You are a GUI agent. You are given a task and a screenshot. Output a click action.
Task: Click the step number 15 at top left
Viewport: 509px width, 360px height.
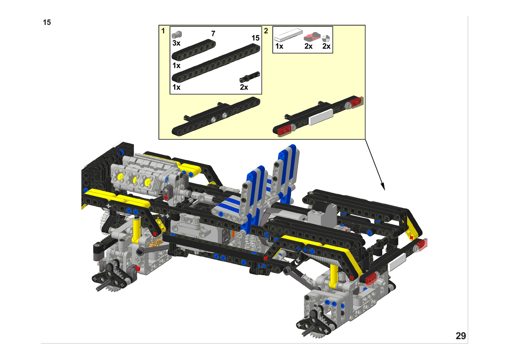47,22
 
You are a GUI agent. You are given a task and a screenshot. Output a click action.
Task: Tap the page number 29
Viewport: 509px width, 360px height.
461,336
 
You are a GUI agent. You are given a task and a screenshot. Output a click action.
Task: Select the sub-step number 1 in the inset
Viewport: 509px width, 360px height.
163,31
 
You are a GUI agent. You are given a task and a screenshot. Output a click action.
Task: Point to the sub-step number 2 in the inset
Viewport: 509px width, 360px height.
266,31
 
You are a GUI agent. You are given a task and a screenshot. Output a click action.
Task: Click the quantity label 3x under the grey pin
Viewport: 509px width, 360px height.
176,43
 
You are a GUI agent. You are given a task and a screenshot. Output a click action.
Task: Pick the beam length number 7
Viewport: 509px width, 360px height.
213,34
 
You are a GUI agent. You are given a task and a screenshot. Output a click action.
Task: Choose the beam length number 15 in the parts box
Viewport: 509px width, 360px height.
256,38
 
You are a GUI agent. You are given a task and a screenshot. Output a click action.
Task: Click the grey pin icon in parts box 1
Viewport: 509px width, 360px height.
177,34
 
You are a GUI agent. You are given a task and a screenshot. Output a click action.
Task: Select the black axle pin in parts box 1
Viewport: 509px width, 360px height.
250,77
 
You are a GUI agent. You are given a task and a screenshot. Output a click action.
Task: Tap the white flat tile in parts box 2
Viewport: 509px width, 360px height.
289,35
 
